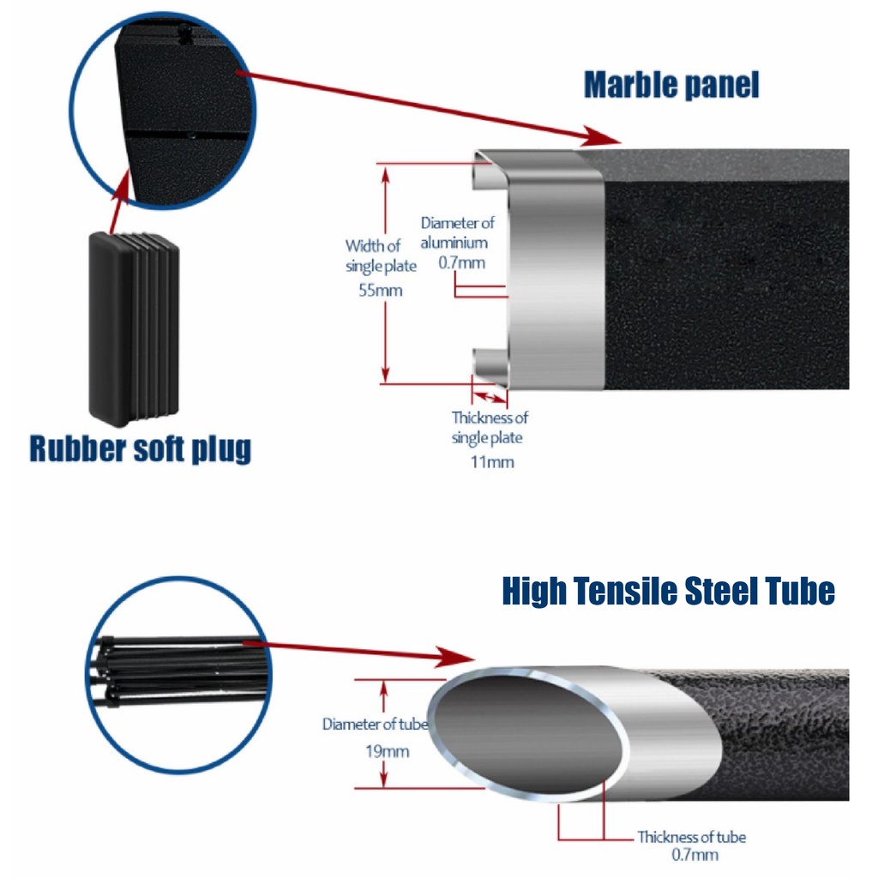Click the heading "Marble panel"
pyautogui.click(x=671, y=86)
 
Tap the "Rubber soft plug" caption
pyautogui.click(x=140, y=448)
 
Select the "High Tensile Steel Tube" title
pyautogui.click(x=668, y=592)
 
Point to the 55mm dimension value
pyautogui.click(x=381, y=291)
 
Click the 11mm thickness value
pyautogui.click(x=494, y=462)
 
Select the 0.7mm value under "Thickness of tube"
pyautogui.click(x=695, y=855)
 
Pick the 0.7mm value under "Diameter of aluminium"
pyautogui.click(x=461, y=262)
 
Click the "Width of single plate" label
pyautogui.click(x=381, y=256)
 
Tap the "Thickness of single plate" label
pyautogui.click(x=490, y=428)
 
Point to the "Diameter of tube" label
pyautogui.click(x=375, y=725)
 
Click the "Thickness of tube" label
pyautogui.click(x=691, y=837)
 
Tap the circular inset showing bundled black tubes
pyautogui.click(x=177, y=673)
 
